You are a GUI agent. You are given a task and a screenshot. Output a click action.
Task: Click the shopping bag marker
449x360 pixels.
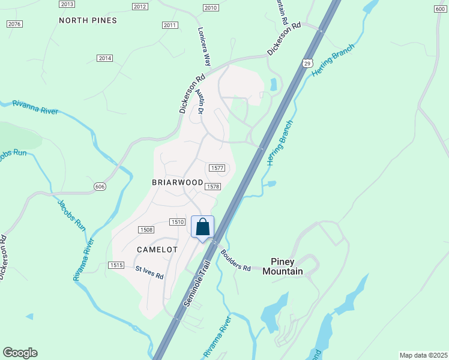(x=203, y=227)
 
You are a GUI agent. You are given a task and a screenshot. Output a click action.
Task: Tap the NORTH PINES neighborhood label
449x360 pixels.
(x=88, y=20)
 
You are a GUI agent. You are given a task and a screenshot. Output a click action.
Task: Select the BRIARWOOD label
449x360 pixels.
(x=178, y=182)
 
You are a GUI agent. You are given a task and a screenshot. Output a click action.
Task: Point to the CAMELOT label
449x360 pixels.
(x=157, y=249)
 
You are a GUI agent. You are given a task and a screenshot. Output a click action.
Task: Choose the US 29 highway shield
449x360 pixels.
(x=307, y=63)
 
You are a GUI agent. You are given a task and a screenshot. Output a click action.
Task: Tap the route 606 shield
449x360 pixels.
(x=99, y=187)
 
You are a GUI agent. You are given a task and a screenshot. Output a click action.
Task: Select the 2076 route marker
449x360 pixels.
(x=15, y=24)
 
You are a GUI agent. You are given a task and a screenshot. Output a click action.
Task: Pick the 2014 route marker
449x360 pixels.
(x=105, y=58)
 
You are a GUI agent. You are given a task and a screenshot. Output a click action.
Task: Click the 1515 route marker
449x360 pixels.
(x=116, y=265)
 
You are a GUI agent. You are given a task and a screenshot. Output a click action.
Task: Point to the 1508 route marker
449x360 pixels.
(x=146, y=230)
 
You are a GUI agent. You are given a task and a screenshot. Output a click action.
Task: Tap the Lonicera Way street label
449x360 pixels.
(x=204, y=46)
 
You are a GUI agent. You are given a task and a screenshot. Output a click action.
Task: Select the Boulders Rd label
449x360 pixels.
(x=235, y=260)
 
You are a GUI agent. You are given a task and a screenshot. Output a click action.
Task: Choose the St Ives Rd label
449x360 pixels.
(x=149, y=273)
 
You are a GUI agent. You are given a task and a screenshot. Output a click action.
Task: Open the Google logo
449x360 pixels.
(x=20, y=353)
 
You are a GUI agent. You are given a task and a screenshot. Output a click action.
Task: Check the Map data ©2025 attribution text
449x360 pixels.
(x=423, y=355)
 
